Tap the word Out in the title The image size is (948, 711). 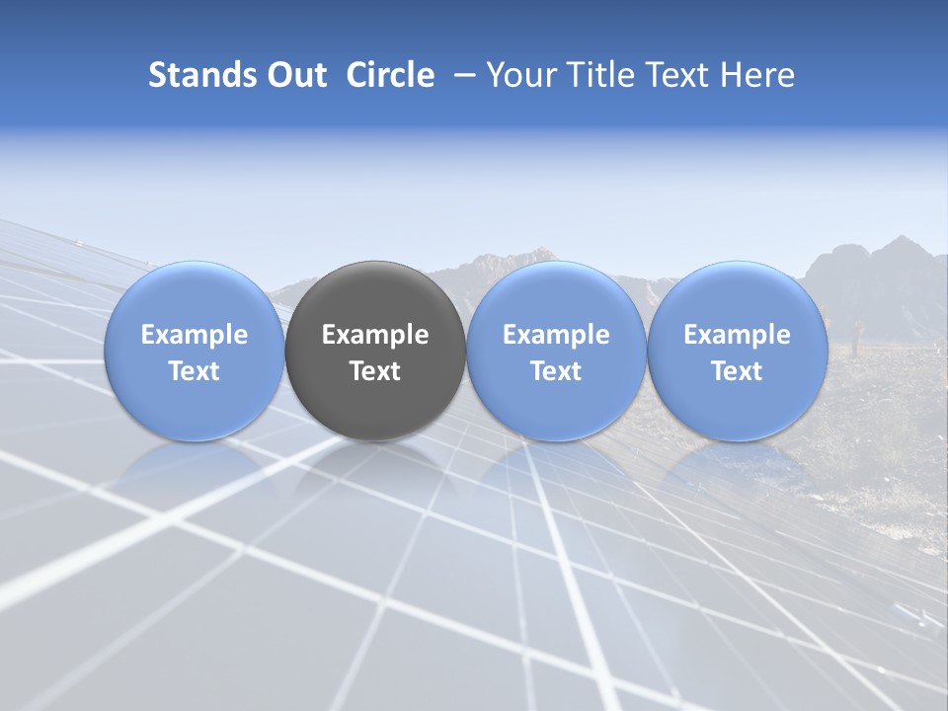[294, 75]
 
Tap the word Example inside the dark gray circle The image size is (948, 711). [375, 335]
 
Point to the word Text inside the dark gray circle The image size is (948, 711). [375, 371]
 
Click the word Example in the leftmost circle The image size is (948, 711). [194, 335]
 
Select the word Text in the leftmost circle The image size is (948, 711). [194, 371]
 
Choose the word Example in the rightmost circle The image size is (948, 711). [738, 335]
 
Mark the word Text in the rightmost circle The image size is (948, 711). [738, 371]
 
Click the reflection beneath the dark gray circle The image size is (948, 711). [375, 464]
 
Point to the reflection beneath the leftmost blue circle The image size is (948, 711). [194, 464]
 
